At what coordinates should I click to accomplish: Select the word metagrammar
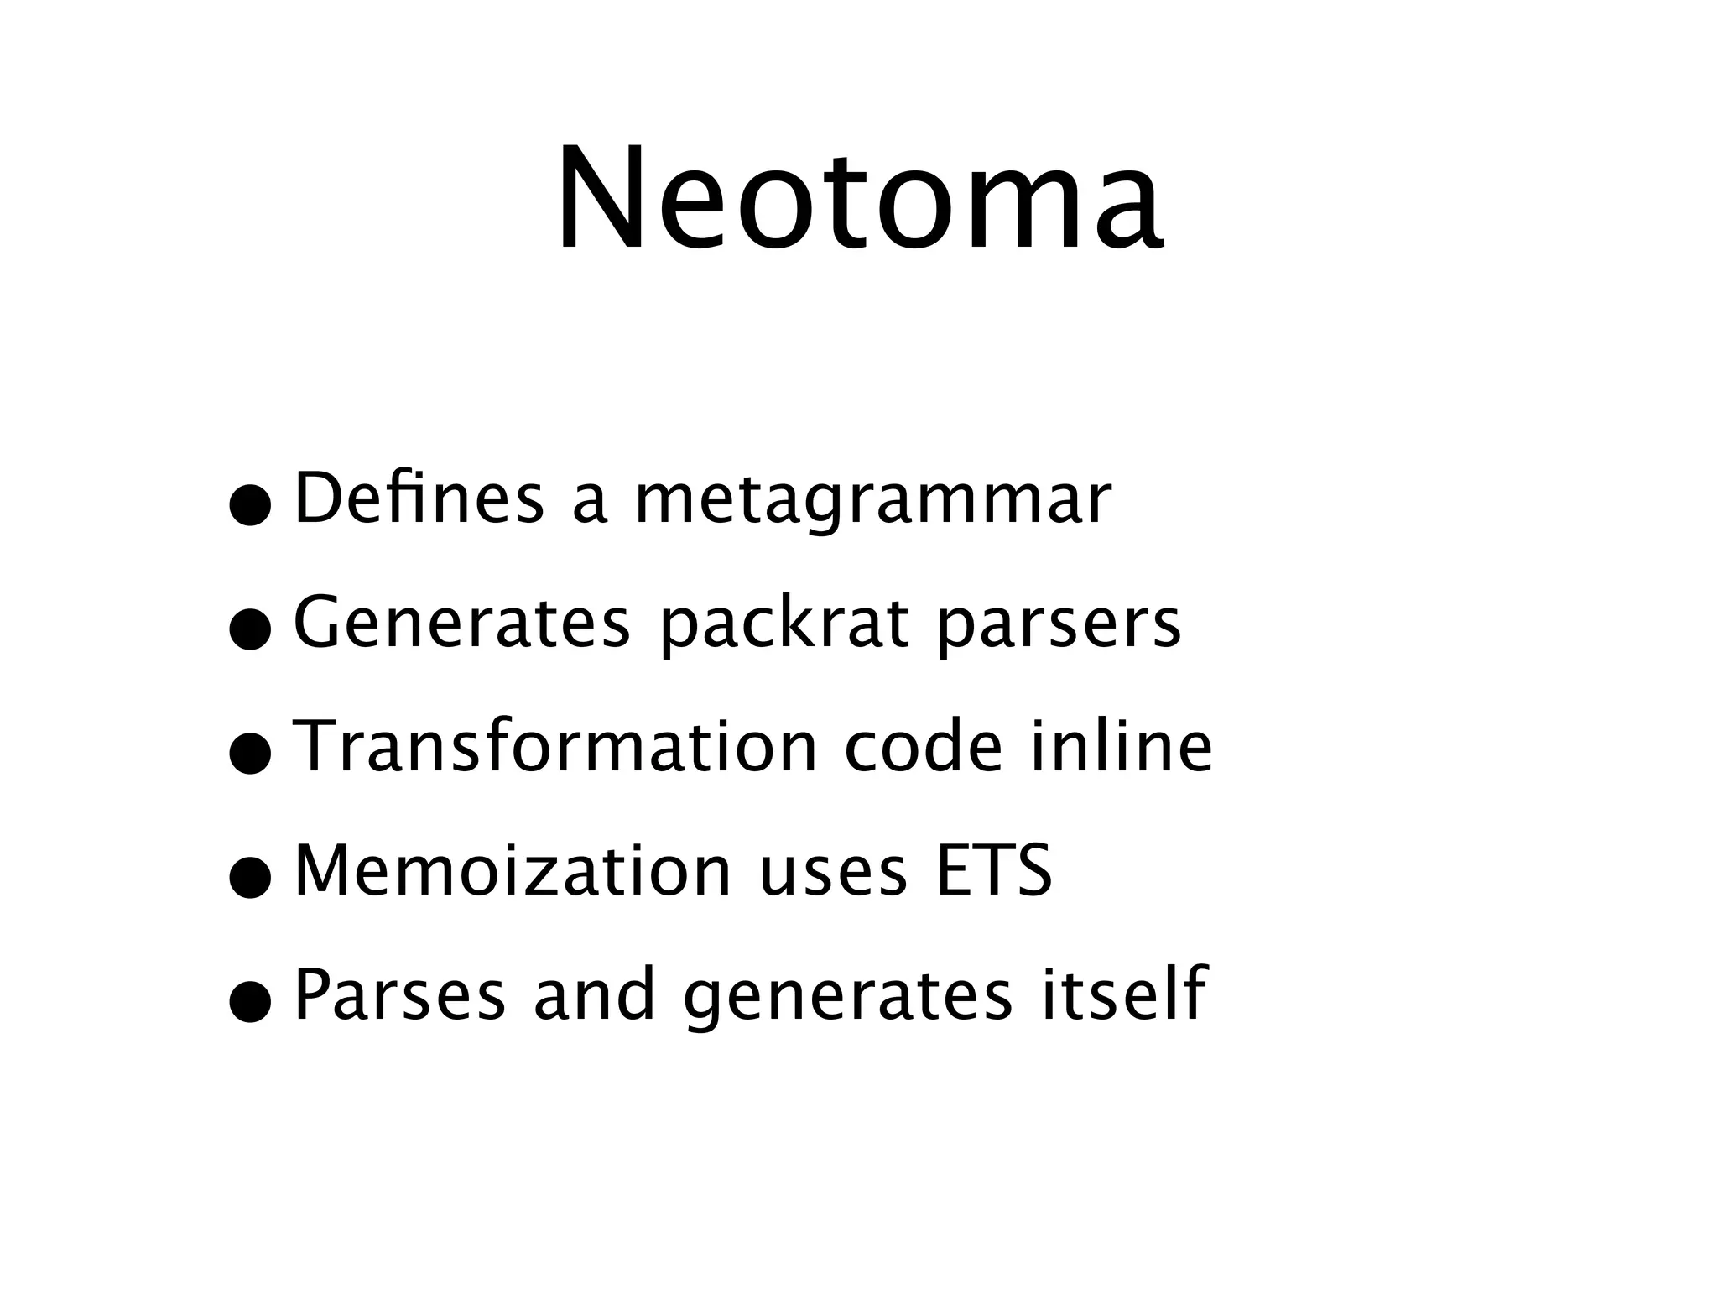coord(872,502)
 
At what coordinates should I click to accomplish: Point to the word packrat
coord(784,626)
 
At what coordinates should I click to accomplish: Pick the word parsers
coord(1059,626)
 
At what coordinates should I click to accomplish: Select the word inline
coord(1122,746)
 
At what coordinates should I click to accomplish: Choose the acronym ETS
coord(993,870)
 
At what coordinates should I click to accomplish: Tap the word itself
coord(1124,994)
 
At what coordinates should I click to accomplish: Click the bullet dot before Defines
coord(251,507)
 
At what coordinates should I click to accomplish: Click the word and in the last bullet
coord(594,994)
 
